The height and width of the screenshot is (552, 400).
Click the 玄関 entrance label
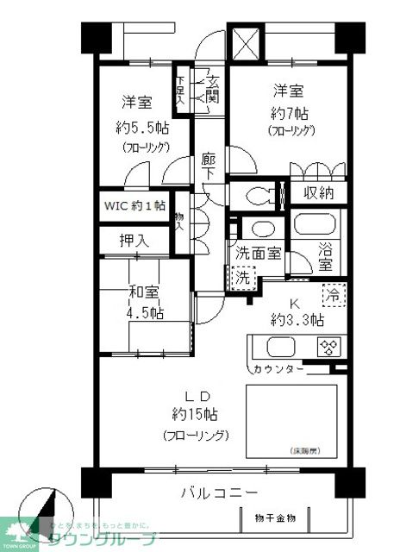tap(212, 89)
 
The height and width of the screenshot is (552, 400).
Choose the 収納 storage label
tap(318, 193)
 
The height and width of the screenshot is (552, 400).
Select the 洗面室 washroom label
tap(258, 254)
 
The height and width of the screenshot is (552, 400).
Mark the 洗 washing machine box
tap(243, 278)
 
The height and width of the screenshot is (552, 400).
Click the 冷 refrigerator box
tap(332, 293)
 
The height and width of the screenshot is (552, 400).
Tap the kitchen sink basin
tap(282, 348)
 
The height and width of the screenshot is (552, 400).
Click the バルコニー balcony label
tap(219, 493)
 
